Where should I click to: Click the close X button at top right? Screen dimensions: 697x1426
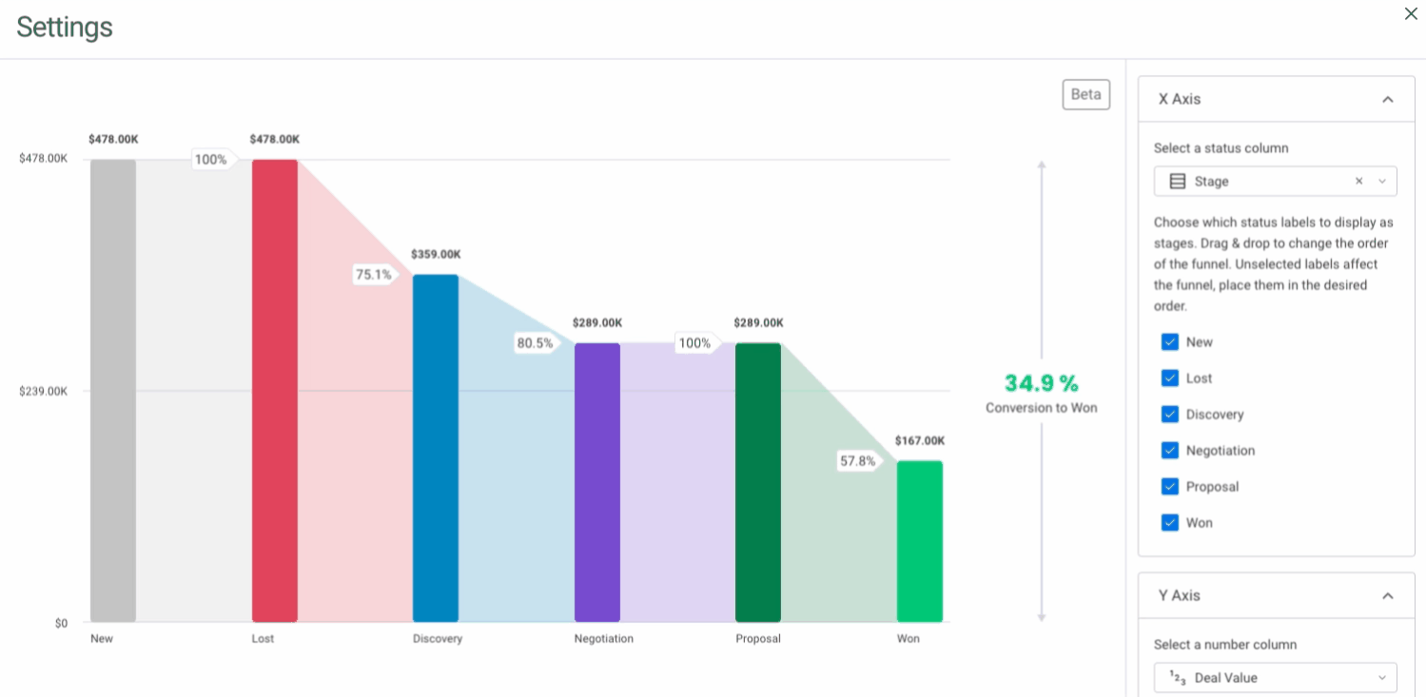tap(1411, 13)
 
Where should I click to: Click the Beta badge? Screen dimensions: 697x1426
tap(1085, 94)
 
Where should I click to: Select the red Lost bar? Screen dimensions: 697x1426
tap(274, 390)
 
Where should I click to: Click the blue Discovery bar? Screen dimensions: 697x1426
tap(435, 448)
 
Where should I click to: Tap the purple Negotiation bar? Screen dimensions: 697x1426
tap(596, 482)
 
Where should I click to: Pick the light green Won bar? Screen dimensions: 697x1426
tap(919, 541)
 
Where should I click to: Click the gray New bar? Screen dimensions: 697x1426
tap(113, 390)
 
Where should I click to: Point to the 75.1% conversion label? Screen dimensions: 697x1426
tap(374, 275)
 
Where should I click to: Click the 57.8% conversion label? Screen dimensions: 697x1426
tap(857, 461)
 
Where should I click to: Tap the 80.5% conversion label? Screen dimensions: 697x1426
tap(535, 343)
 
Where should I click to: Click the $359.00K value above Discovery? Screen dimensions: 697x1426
tap(436, 255)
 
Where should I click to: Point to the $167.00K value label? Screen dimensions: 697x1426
tap(919, 441)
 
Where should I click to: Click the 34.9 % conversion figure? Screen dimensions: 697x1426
tap(1042, 384)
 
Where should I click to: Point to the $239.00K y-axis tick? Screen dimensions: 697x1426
tap(44, 391)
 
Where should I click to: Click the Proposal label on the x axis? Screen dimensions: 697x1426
tap(757, 639)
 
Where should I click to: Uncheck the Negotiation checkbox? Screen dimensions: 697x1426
tap(1170, 451)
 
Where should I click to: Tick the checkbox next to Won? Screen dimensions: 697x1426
tap(1170, 523)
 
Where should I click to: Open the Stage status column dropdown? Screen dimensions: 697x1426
tap(1274, 182)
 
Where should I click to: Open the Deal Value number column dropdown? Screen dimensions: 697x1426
tap(1274, 678)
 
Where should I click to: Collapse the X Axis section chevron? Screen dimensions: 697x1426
tap(1387, 100)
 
